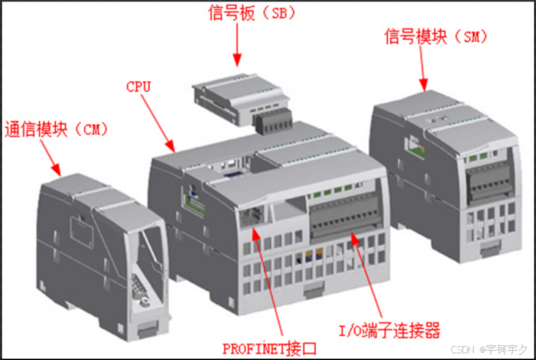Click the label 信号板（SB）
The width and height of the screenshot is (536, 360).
pos(251,13)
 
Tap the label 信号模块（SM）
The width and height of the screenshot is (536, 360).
pos(436,37)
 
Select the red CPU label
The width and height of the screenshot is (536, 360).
pos(138,87)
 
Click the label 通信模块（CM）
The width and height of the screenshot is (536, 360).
pos(55,130)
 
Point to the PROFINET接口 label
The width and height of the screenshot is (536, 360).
pos(269,349)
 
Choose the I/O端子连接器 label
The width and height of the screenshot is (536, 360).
pos(389,331)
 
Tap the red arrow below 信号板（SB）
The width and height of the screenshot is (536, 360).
pos(237,45)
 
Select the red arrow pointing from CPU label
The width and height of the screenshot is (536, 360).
pos(158,123)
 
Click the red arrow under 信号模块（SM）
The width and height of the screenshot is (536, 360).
pos(422,69)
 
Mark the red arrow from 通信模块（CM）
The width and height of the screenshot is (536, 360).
pos(51,158)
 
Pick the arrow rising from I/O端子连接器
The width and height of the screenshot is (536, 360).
pos(366,275)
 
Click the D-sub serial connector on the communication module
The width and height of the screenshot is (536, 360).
pos(140,288)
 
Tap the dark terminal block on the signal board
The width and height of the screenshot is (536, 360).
pos(273,123)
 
